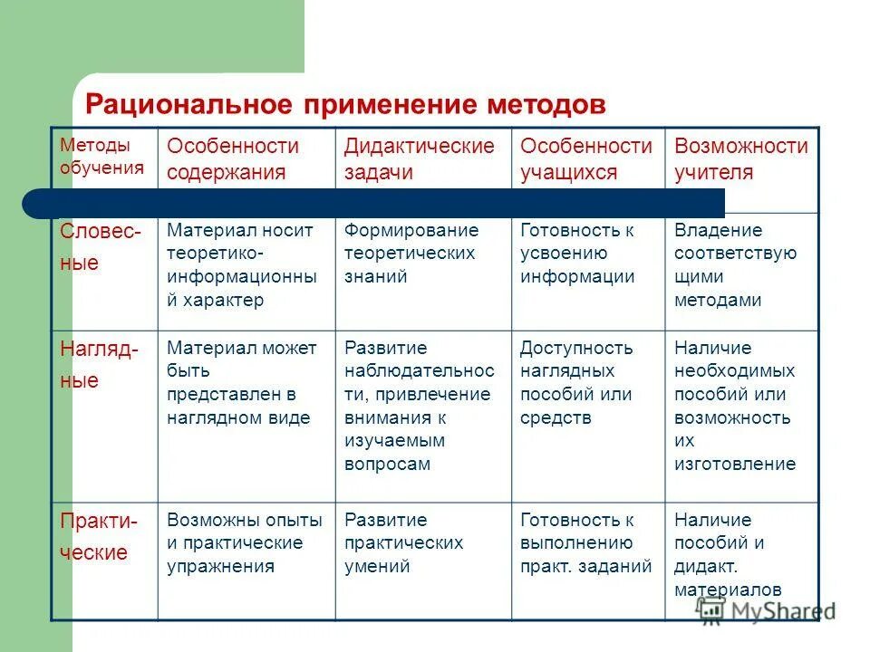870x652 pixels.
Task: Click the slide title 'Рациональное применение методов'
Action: pos(344,104)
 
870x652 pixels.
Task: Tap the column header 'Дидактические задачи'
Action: pos(420,159)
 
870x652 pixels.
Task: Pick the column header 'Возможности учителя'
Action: pos(741,159)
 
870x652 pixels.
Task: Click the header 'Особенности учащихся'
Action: pos(585,159)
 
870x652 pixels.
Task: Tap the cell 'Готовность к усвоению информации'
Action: pos(577,254)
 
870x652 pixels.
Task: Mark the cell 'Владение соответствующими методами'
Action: pos(735,265)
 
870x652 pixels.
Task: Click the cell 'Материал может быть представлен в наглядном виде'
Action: pos(241,383)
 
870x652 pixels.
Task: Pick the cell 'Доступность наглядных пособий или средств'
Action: pos(576,383)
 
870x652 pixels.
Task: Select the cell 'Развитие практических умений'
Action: pos(403,543)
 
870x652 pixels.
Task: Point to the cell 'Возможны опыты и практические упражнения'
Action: pos(244,543)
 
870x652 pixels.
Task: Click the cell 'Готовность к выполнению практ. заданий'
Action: pos(585,543)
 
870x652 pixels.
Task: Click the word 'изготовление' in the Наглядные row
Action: pos(734,465)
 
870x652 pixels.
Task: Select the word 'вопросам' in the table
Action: pos(387,465)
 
